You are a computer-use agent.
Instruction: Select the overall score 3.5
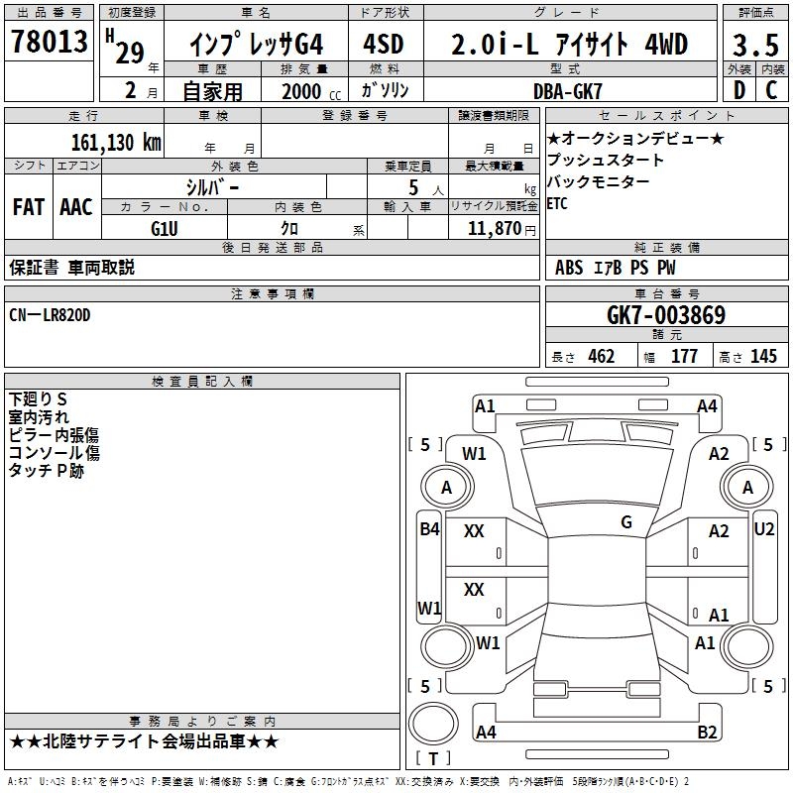click(x=754, y=46)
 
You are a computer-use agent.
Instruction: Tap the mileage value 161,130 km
click(x=115, y=142)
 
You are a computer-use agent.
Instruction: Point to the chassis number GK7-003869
click(x=665, y=315)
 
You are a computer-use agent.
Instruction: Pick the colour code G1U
click(x=164, y=228)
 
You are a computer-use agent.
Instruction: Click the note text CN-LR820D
click(x=50, y=315)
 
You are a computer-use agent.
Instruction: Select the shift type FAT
click(x=28, y=206)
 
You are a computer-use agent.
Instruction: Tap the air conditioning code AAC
click(x=76, y=206)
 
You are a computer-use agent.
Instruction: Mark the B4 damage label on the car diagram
click(x=429, y=528)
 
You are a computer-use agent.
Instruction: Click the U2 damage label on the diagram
click(x=763, y=528)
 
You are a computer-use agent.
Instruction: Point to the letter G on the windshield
click(x=625, y=521)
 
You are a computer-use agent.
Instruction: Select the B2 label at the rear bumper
click(x=707, y=733)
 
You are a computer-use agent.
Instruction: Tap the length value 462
click(x=601, y=357)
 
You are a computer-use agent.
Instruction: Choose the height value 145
click(x=763, y=357)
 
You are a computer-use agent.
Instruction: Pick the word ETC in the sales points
click(x=559, y=204)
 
